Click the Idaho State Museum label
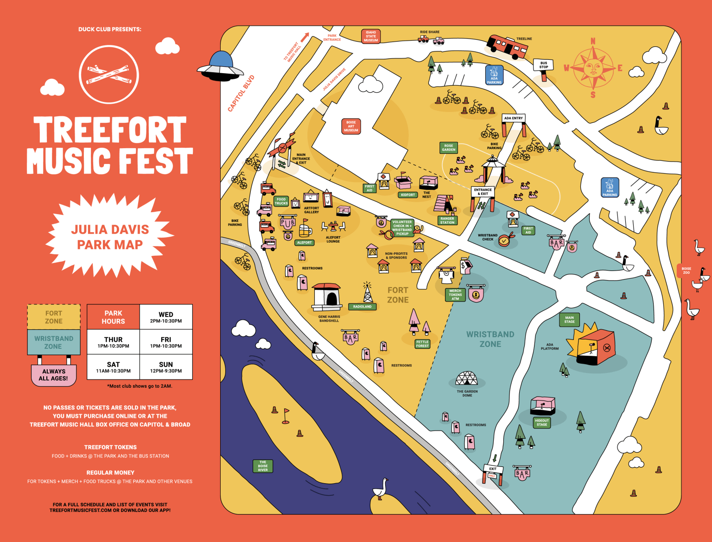(x=370, y=37)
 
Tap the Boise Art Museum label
(x=351, y=126)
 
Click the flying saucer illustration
(x=220, y=66)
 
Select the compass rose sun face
(x=592, y=68)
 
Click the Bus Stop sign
(x=543, y=65)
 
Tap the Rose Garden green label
(x=448, y=148)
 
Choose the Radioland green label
(x=362, y=307)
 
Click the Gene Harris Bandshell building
(x=327, y=297)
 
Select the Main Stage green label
(x=569, y=320)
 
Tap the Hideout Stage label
(x=541, y=422)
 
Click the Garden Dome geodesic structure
(x=466, y=379)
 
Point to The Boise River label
(x=262, y=466)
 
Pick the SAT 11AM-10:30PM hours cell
(x=113, y=367)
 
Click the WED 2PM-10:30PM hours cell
(x=166, y=317)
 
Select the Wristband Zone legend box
(x=53, y=342)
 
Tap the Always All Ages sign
(x=54, y=375)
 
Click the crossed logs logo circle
(x=109, y=74)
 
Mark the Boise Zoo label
(x=686, y=271)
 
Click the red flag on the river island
(x=286, y=415)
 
